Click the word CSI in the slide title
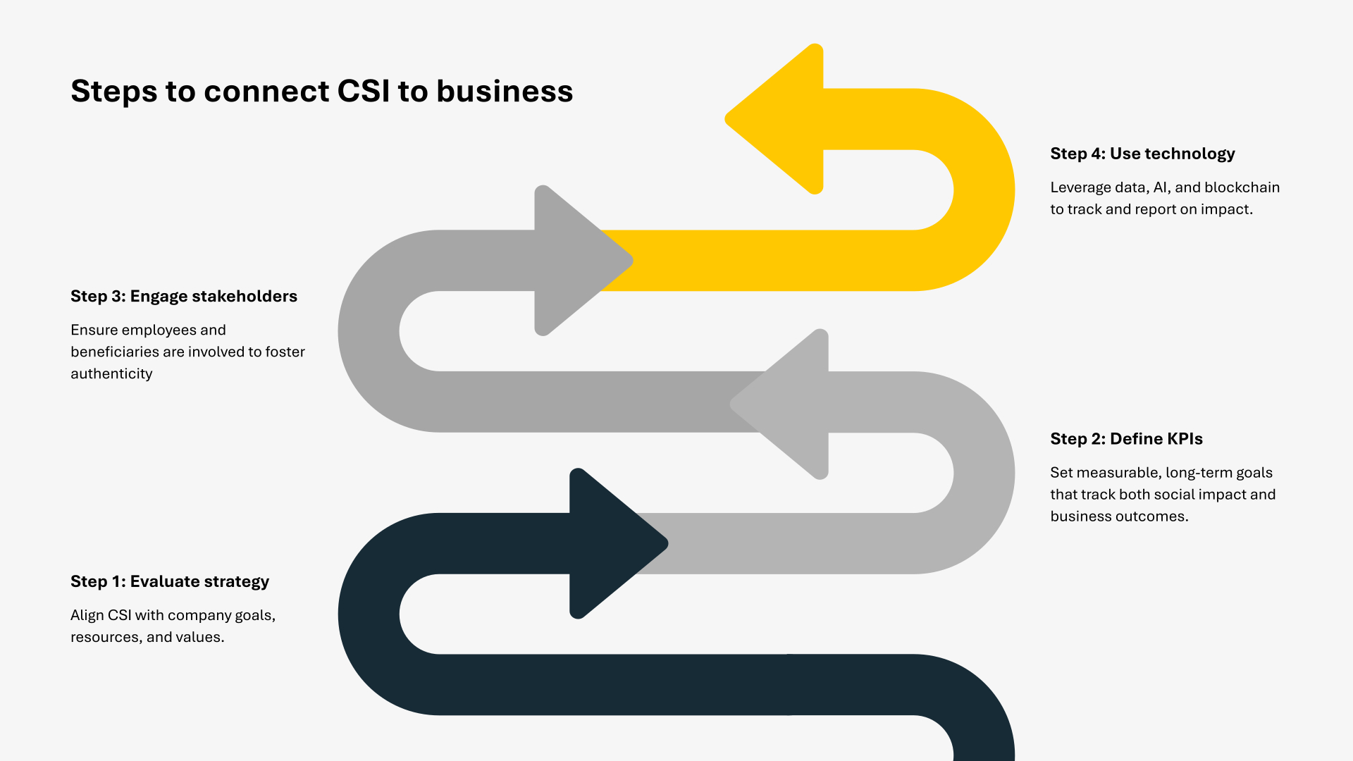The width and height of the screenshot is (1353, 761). pyautogui.click(x=363, y=92)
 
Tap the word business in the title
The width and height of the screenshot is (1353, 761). pyautogui.click(x=505, y=92)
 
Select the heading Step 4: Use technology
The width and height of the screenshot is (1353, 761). pyautogui.click(x=1142, y=154)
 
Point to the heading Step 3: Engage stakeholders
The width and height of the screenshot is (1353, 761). pyautogui.click(x=184, y=296)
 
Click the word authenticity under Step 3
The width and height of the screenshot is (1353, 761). pyautogui.click(x=111, y=373)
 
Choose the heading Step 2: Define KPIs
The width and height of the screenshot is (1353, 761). pyautogui.click(x=1126, y=439)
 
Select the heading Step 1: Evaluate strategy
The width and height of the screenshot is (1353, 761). pyautogui.click(x=170, y=581)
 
